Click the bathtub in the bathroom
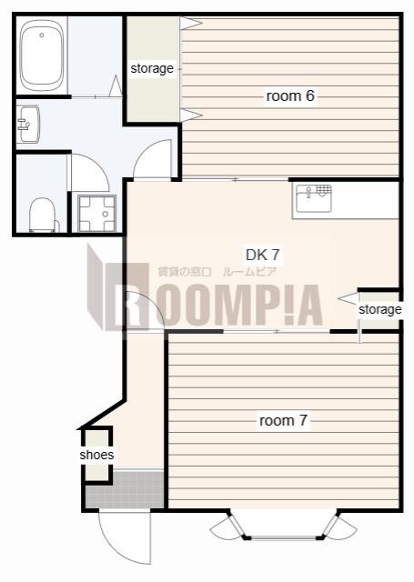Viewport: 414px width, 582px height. tap(42, 55)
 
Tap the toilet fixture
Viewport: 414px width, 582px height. tap(43, 216)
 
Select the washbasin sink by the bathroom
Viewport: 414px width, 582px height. tap(28, 124)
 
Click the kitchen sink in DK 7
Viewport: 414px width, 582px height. tap(314, 198)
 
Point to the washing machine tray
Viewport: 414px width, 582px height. tap(96, 213)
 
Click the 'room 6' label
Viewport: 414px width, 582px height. tap(290, 95)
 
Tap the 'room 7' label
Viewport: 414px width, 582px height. tap(283, 420)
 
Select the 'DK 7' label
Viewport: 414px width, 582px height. tap(263, 255)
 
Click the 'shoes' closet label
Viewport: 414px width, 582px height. tap(96, 455)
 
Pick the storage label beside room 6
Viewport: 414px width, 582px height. tap(152, 69)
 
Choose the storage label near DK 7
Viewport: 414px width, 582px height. tap(379, 309)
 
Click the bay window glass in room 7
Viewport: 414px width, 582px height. tap(284, 537)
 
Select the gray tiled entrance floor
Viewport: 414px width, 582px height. tap(125, 489)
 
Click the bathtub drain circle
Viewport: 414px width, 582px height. tap(42, 35)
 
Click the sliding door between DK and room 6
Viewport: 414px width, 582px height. tap(235, 180)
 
